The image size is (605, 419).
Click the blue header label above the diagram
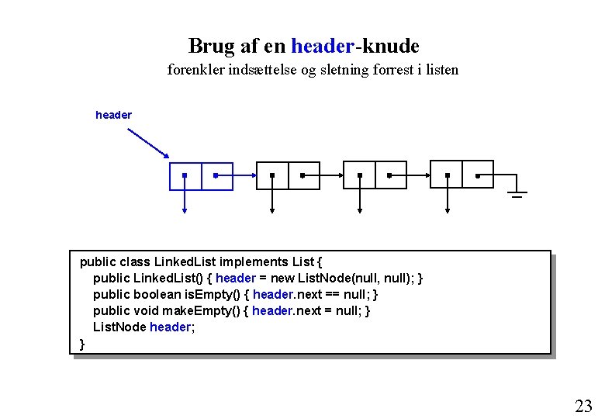[x=113, y=115]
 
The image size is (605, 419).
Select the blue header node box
[x=201, y=176]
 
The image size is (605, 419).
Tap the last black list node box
[x=462, y=175]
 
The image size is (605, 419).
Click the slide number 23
[x=583, y=405]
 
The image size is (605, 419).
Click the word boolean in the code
[x=158, y=294]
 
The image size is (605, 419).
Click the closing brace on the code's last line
[x=82, y=343]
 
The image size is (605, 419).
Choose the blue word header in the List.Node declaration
[x=170, y=327]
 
